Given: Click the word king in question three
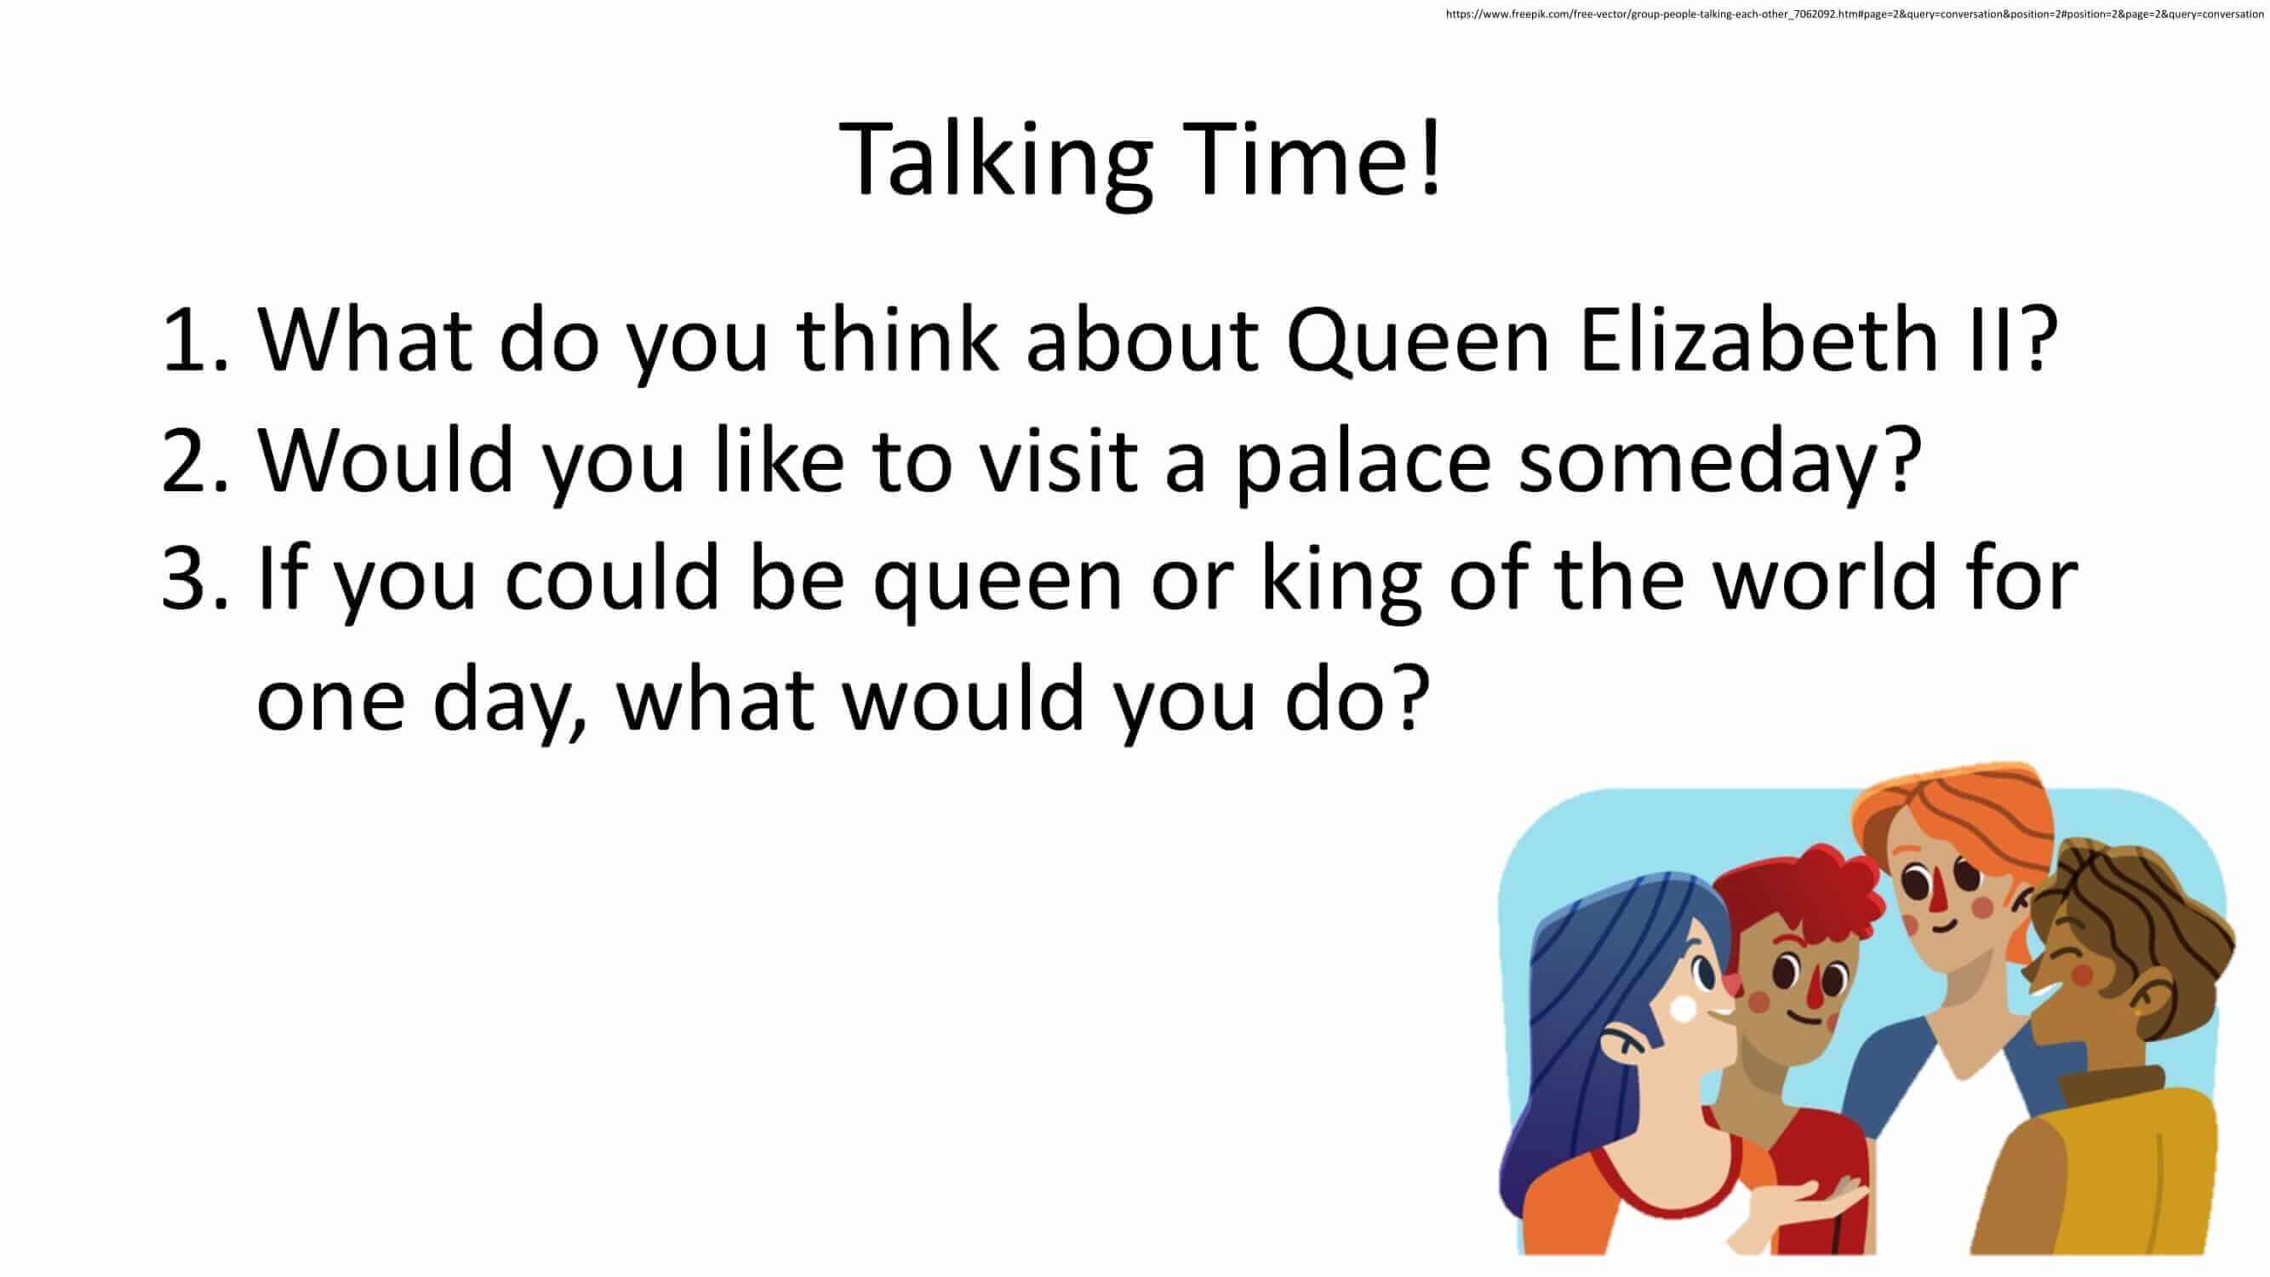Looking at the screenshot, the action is [1341, 581].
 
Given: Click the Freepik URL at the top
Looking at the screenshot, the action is [1854, 14].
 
